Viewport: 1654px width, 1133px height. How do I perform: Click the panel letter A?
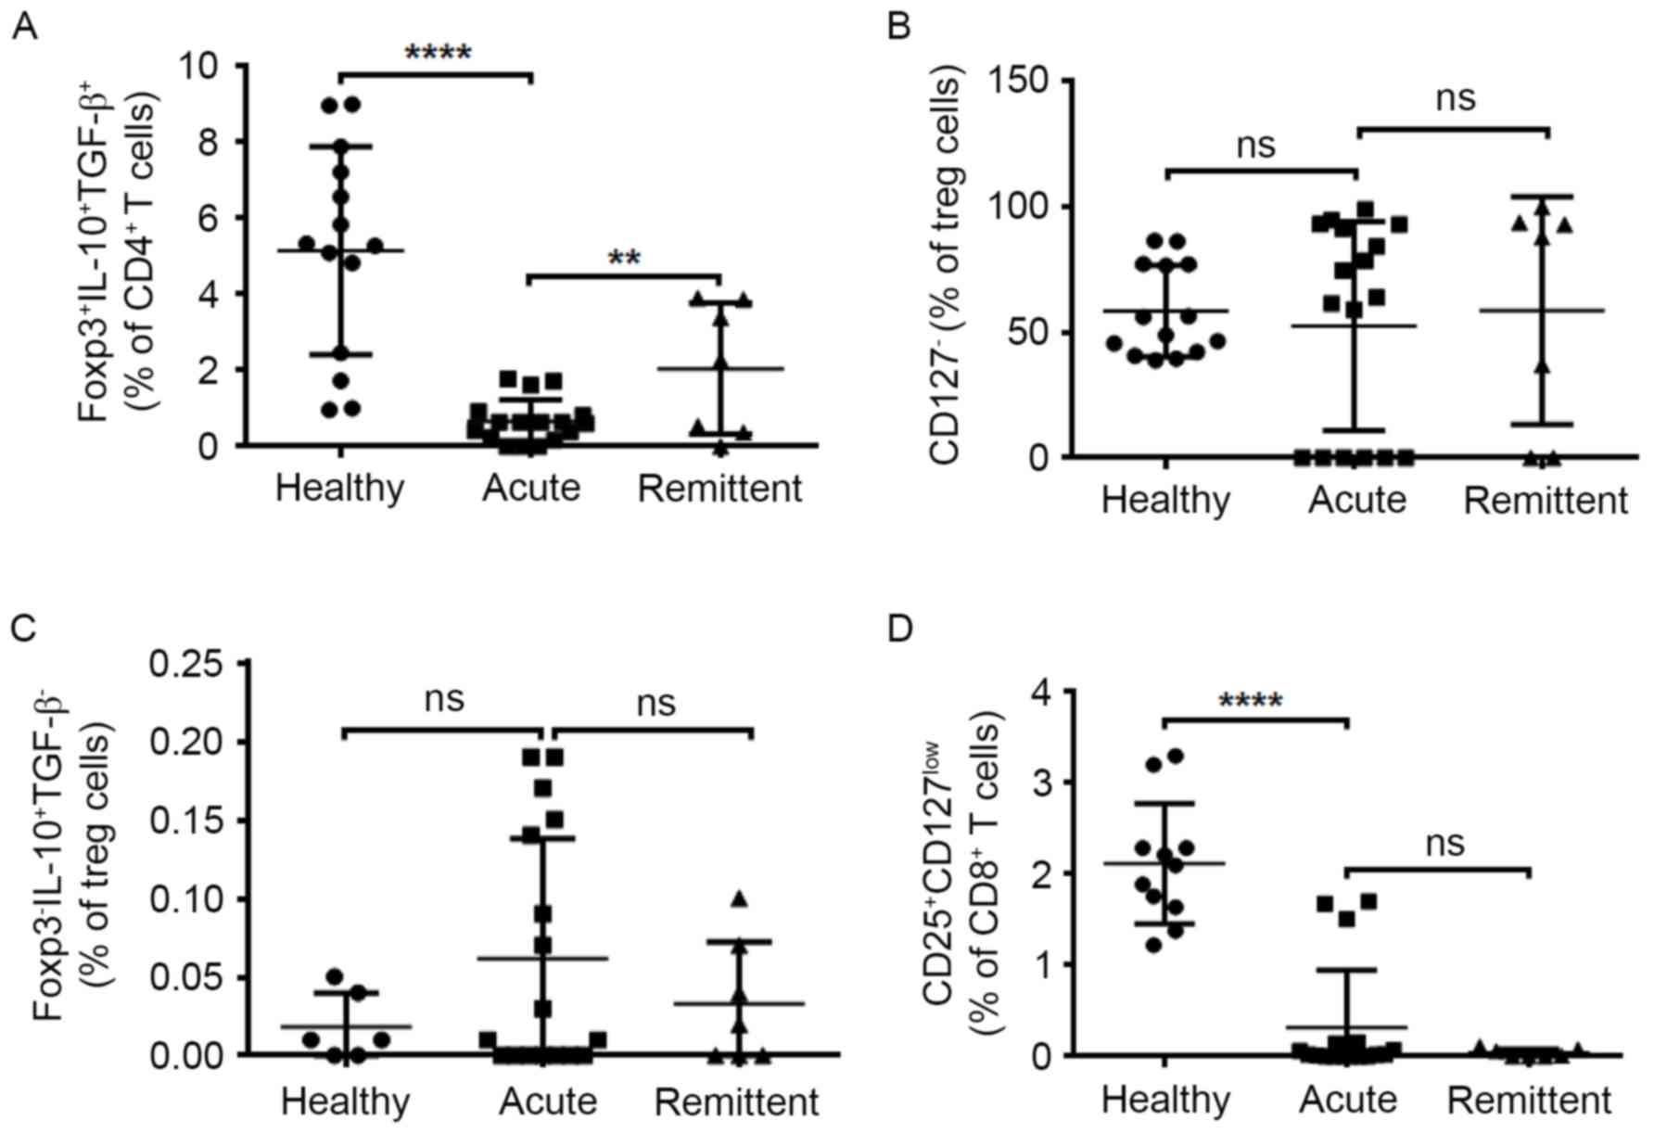click(x=25, y=28)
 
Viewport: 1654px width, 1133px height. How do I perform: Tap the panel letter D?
click(x=899, y=629)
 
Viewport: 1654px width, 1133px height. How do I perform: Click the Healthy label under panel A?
click(x=340, y=488)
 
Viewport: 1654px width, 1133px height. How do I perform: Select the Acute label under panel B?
click(x=1357, y=500)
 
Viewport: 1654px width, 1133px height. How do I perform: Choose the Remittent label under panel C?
click(x=737, y=1102)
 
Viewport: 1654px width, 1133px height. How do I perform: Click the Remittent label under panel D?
click(x=1529, y=1101)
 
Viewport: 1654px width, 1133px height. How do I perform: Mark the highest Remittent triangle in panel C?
click(x=739, y=898)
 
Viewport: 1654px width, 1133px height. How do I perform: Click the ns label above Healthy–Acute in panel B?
click(x=1256, y=145)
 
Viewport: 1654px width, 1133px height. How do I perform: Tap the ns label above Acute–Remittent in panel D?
click(x=1445, y=844)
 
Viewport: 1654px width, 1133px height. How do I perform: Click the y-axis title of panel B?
click(x=945, y=269)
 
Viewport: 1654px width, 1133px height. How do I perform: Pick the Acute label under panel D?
click(x=1348, y=1101)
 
